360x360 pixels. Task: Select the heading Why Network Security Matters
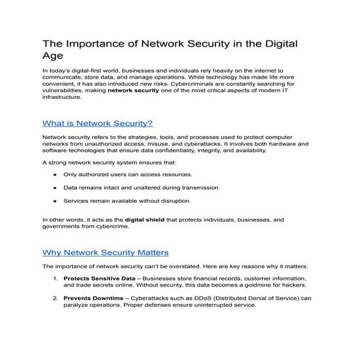tap(106, 252)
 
